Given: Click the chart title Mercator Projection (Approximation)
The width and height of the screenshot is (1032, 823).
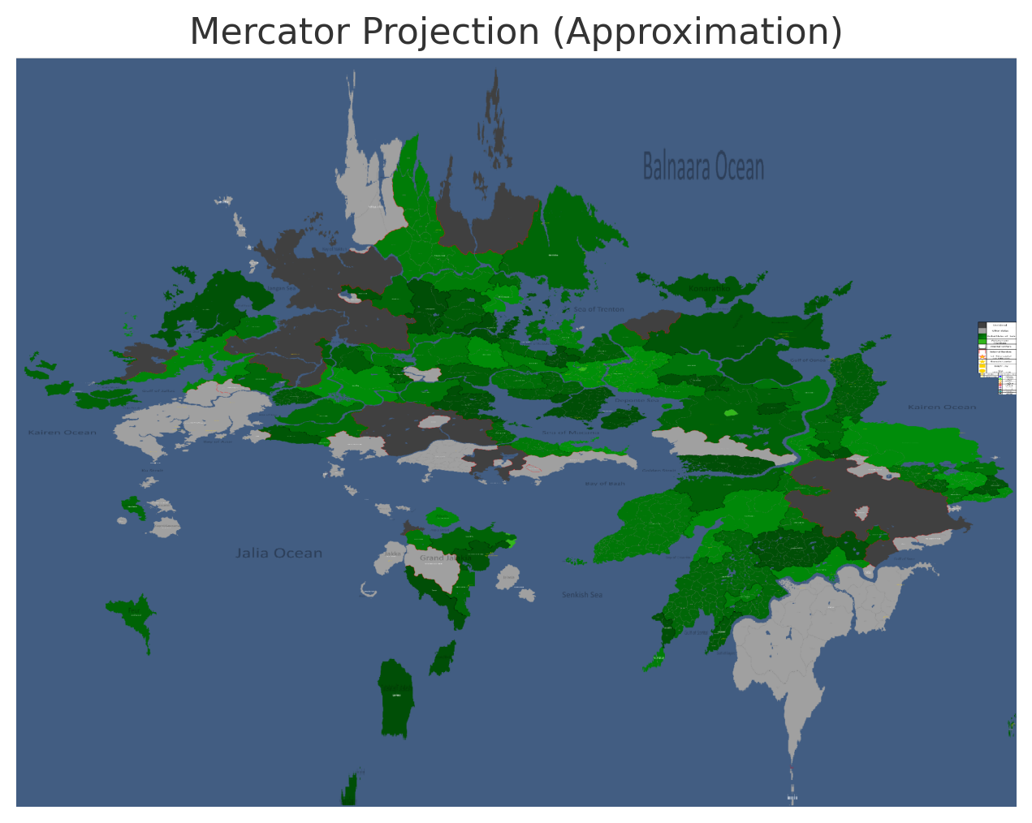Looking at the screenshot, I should [x=516, y=32].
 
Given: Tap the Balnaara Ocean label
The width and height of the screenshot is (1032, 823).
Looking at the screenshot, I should [x=703, y=167].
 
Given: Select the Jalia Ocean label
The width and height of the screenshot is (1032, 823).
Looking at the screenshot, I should [x=279, y=554].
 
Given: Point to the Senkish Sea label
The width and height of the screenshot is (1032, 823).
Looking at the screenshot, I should [x=582, y=595].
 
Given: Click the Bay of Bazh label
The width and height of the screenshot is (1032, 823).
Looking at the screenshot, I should [x=605, y=484].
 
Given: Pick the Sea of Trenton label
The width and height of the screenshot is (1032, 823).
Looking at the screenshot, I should [x=599, y=309].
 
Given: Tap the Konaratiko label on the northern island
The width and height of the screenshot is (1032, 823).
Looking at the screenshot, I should [x=709, y=288].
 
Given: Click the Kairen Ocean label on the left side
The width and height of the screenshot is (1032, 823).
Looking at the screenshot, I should [x=63, y=432].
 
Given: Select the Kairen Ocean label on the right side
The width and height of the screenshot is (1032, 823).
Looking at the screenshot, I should [x=942, y=407].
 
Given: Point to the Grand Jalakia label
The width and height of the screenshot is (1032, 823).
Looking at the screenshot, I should [x=439, y=558].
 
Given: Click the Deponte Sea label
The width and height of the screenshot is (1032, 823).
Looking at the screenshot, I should [x=637, y=400].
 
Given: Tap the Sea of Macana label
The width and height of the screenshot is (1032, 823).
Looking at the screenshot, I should [x=571, y=433].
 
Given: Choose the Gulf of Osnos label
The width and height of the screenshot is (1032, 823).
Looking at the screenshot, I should [x=808, y=360].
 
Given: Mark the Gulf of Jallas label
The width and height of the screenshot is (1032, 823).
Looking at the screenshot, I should [x=158, y=391].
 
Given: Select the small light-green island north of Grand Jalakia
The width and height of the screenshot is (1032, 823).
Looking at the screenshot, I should [x=442, y=516].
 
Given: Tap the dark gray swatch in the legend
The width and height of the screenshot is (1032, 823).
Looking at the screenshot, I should [x=982, y=325].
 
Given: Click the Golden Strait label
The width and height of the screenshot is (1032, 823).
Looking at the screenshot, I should [x=658, y=470].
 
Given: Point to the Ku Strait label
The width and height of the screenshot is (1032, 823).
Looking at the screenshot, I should [x=152, y=470].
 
